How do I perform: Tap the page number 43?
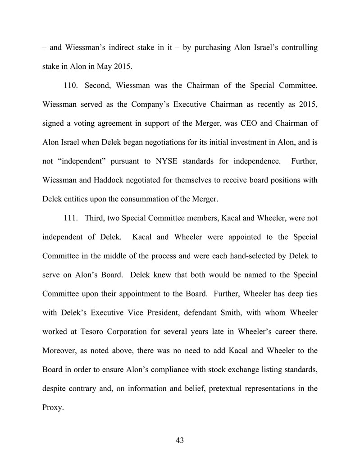[x=180, y=440]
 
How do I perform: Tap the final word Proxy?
[x=52, y=407]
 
